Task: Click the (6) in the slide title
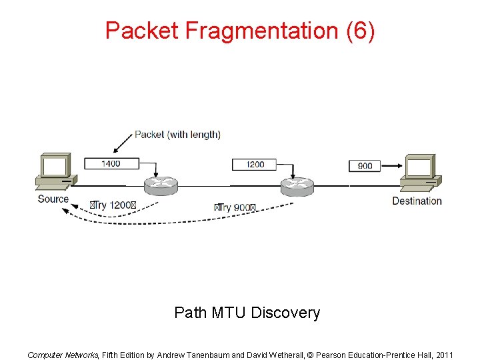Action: click(361, 31)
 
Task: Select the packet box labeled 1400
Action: click(111, 163)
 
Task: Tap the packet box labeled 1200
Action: click(255, 164)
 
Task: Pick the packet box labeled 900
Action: click(365, 165)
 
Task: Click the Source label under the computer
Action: click(53, 199)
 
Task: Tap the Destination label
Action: click(417, 201)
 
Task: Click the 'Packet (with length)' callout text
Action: click(177, 135)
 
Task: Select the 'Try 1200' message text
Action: click(113, 205)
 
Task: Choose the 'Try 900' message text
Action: click(235, 207)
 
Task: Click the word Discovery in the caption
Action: click(287, 313)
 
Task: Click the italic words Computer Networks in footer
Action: click(63, 355)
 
